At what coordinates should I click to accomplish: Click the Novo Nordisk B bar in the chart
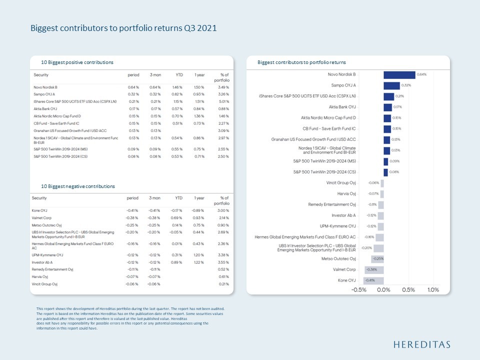point(399,75)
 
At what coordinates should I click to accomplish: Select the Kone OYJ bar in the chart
point(373,280)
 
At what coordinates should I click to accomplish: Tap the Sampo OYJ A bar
point(391,85)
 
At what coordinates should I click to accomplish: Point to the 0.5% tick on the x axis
point(408,290)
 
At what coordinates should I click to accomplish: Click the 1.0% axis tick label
point(433,290)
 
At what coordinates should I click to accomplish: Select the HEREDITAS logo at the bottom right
point(421,344)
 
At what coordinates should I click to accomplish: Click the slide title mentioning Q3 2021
point(123,28)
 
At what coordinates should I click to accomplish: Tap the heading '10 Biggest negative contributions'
point(78,186)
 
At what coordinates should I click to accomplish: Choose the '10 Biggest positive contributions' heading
point(77,62)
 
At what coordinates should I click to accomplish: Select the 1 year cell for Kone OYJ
point(198,210)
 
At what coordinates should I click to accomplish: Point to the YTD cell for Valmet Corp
point(177,218)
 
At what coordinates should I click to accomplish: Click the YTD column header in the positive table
point(179,74)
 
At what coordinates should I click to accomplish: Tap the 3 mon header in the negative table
point(154,198)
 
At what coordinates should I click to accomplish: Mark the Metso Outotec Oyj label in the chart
point(338,258)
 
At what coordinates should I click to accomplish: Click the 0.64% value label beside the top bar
point(422,74)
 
